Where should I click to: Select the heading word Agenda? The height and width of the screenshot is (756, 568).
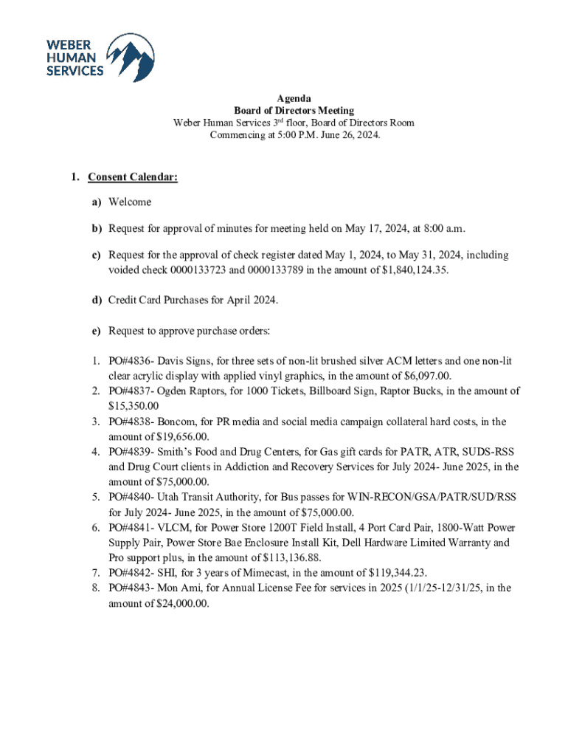294,98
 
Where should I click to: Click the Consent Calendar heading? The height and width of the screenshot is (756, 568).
133,178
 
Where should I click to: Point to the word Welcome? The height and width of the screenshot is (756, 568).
130,202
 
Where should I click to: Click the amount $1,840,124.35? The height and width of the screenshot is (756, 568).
411,270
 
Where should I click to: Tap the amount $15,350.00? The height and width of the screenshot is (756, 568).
134,406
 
